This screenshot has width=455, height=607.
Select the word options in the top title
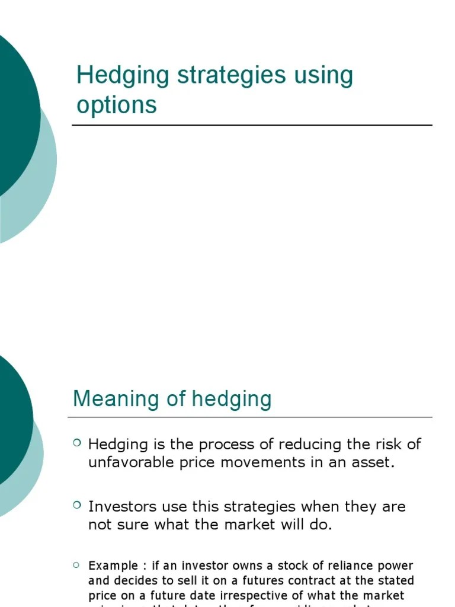(117, 105)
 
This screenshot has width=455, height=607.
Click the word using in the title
(325, 76)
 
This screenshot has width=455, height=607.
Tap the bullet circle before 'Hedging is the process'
(77, 442)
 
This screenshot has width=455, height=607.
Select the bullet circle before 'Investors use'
(77, 504)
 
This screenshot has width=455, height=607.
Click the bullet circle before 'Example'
(77, 564)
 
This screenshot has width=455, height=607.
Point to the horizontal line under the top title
(252, 125)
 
